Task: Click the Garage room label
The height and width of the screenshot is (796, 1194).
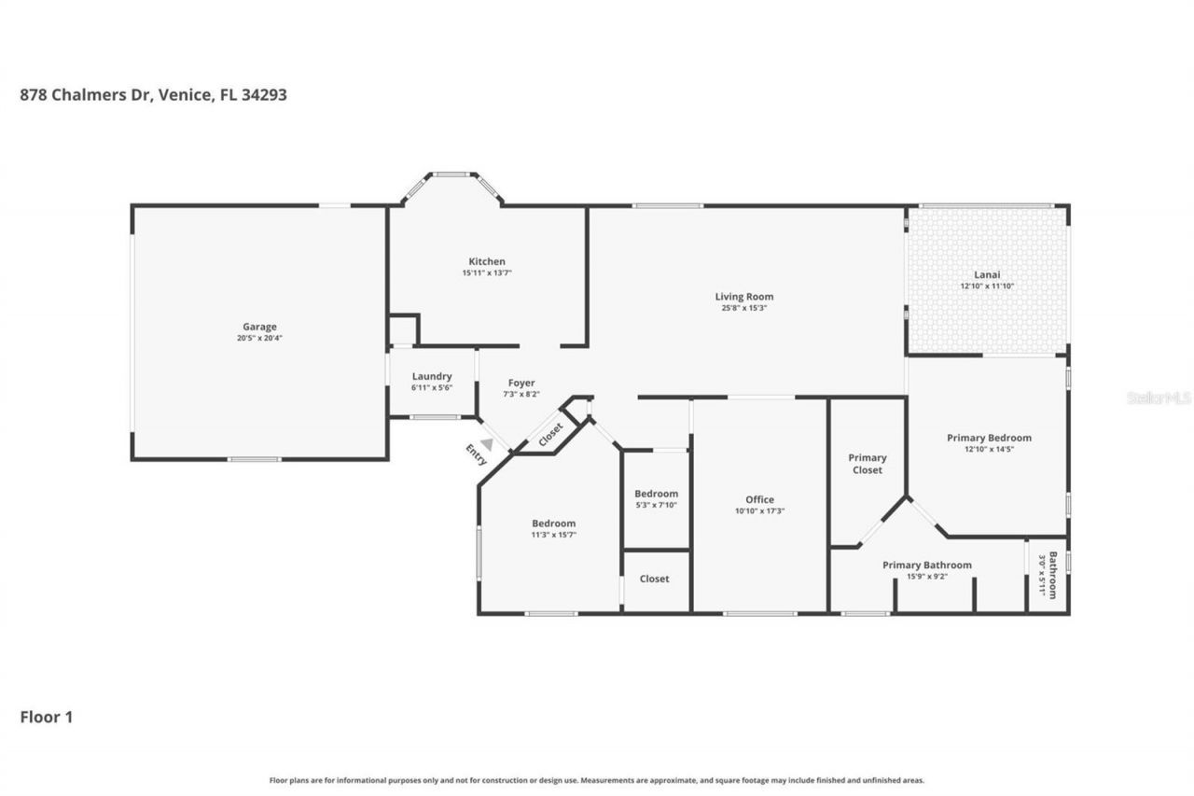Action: pyautogui.click(x=259, y=327)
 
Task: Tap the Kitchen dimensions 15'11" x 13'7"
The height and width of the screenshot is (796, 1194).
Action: pyautogui.click(x=487, y=273)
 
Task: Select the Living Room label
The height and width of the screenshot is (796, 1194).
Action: pyautogui.click(x=744, y=297)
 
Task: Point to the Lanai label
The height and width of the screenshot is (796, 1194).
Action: pyautogui.click(x=987, y=274)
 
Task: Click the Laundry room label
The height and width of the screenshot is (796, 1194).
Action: pyautogui.click(x=432, y=376)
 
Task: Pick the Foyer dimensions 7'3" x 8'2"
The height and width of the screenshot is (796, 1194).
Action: pyautogui.click(x=521, y=394)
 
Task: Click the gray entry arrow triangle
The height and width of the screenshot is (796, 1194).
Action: pyautogui.click(x=486, y=445)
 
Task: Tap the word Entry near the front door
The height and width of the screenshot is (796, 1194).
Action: pyautogui.click(x=477, y=454)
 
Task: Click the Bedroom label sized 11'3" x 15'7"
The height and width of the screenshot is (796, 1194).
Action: pyautogui.click(x=554, y=524)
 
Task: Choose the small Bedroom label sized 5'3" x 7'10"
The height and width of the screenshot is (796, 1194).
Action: pyautogui.click(x=656, y=494)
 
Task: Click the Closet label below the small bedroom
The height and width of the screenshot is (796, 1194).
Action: pyautogui.click(x=654, y=579)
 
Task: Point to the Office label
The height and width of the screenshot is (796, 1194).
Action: pyautogui.click(x=759, y=499)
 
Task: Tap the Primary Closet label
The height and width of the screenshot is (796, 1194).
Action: pyautogui.click(x=867, y=464)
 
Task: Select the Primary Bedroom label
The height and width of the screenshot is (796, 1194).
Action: pyautogui.click(x=989, y=438)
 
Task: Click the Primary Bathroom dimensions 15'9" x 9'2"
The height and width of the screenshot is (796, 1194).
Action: pyautogui.click(x=927, y=577)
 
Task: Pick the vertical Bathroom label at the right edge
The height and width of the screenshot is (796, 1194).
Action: pyautogui.click(x=1052, y=575)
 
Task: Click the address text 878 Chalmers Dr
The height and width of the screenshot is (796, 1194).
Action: pyautogui.click(x=85, y=94)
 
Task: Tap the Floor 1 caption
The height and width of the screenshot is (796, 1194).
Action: pyautogui.click(x=47, y=717)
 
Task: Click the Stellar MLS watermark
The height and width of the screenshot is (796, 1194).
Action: pyautogui.click(x=1159, y=398)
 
